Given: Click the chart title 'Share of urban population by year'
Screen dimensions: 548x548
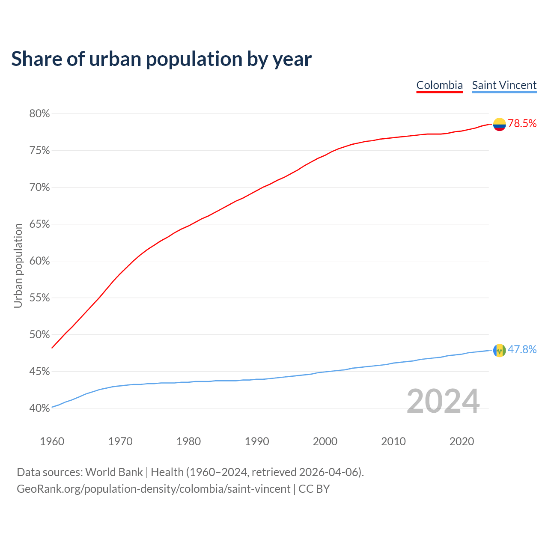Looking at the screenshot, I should click(161, 59).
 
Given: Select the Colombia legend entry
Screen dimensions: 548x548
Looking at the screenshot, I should click(439, 85).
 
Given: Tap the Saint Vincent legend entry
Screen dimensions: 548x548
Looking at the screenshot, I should click(504, 85).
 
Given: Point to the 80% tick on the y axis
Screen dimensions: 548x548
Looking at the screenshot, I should click(39, 114).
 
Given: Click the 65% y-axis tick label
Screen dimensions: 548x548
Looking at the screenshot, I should click(39, 224).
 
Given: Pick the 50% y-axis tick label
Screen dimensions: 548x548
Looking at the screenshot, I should click(39, 335).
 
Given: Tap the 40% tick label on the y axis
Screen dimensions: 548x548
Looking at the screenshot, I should click(39, 408).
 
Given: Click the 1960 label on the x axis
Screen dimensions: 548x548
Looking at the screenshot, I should click(52, 441).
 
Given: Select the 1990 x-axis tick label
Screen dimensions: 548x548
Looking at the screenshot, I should click(257, 441).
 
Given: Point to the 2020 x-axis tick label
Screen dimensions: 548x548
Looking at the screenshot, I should click(462, 441).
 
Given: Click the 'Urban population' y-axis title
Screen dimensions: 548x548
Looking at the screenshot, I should click(18, 265).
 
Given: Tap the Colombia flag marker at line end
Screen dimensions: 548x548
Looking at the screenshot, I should click(499, 124).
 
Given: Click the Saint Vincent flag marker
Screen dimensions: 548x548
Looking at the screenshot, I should click(499, 350).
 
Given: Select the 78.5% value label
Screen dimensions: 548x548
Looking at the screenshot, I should click(522, 124).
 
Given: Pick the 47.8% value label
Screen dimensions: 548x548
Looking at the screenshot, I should click(522, 350).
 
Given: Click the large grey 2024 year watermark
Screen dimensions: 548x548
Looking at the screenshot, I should click(443, 402).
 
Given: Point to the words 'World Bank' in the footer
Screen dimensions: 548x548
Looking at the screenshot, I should click(114, 472).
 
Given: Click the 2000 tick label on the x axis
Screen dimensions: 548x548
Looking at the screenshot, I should click(325, 441).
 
